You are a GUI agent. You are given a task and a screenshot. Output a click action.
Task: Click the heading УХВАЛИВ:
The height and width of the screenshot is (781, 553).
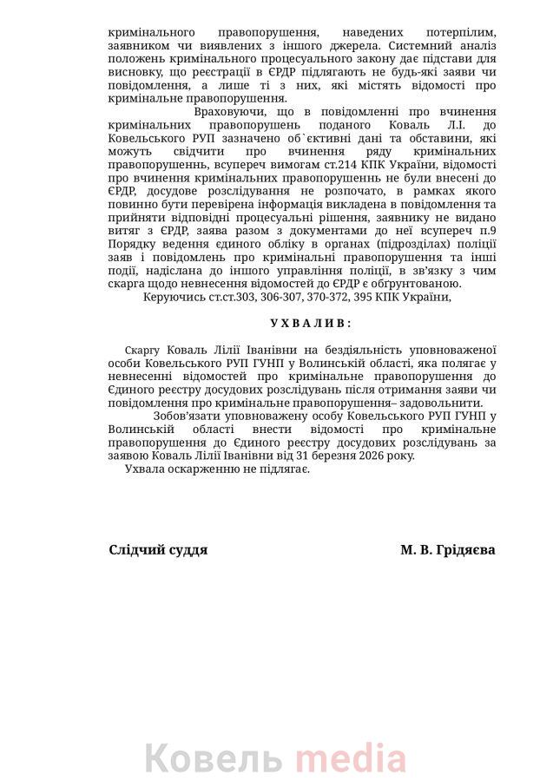311,323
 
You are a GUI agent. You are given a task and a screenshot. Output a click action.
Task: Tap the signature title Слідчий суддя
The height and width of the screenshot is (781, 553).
158,549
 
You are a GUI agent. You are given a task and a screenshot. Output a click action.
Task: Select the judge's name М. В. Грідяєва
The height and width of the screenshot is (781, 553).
448,549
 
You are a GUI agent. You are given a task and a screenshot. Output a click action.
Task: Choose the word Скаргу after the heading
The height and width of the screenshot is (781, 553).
142,349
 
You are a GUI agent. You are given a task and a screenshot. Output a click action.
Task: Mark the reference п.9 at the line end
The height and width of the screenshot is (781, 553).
486,231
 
